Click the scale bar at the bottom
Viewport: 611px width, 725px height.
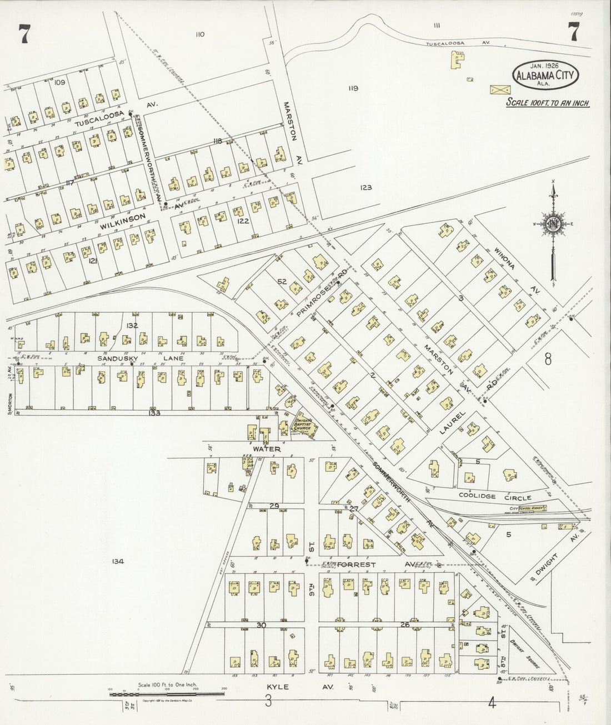click(x=167, y=694)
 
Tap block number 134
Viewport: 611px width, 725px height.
click(x=117, y=562)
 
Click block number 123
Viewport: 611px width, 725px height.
click(x=365, y=188)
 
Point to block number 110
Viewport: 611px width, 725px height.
click(x=200, y=34)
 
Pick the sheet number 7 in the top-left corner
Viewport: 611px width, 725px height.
click(x=24, y=34)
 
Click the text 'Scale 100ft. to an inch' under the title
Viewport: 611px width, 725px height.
click(x=547, y=103)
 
